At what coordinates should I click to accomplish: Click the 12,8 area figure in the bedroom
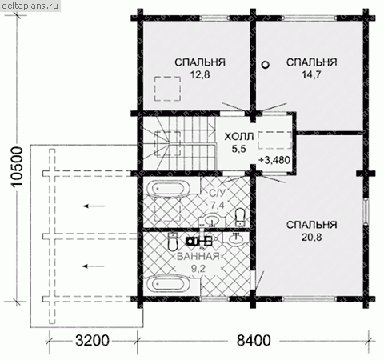pyautogui.click(x=200, y=75)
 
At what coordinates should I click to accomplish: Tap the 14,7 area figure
pyautogui.click(x=311, y=75)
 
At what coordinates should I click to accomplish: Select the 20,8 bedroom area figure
pyautogui.click(x=311, y=237)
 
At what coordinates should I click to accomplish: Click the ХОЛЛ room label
pyautogui.click(x=238, y=137)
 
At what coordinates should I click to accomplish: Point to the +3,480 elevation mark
pyautogui.click(x=274, y=160)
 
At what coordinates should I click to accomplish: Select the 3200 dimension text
pyautogui.click(x=92, y=341)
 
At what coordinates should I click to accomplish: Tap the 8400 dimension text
pyautogui.click(x=254, y=341)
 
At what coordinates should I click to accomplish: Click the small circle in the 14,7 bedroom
pyautogui.click(x=265, y=65)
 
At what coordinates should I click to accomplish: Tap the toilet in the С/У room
pyautogui.click(x=241, y=217)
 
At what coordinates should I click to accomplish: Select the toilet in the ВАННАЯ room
pyautogui.click(x=173, y=242)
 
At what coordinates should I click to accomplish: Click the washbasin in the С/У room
pyautogui.click(x=213, y=221)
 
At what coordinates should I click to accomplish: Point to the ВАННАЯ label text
pyautogui.click(x=198, y=257)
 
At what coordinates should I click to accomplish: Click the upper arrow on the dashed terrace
pyautogui.click(x=94, y=206)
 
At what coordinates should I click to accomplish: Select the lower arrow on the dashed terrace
pyautogui.click(x=94, y=266)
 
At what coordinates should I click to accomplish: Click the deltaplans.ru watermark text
pyautogui.click(x=30, y=6)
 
